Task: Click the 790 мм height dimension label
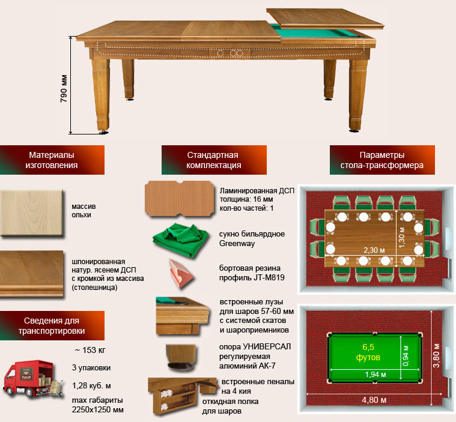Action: (x=64, y=88)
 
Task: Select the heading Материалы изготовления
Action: (x=52, y=160)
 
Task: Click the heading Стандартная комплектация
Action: (x=213, y=160)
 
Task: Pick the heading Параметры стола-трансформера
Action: (x=382, y=160)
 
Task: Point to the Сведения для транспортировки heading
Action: (x=52, y=325)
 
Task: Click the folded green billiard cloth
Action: (x=180, y=240)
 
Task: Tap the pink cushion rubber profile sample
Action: (x=181, y=274)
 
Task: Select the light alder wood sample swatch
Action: (x=32, y=213)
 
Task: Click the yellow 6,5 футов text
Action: (x=368, y=352)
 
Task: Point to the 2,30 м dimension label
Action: (x=374, y=250)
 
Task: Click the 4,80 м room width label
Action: (x=374, y=400)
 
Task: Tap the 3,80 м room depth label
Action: (x=436, y=355)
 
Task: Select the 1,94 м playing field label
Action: (x=375, y=375)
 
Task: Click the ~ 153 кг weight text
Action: (x=90, y=350)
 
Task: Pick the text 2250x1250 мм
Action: (x=98, y=409)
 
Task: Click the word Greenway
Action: (x=237, y=244)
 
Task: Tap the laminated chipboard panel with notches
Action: (x=180, y=199)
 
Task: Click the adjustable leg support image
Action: (x=181, y=358)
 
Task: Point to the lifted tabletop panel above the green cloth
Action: (x=325, y=19)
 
